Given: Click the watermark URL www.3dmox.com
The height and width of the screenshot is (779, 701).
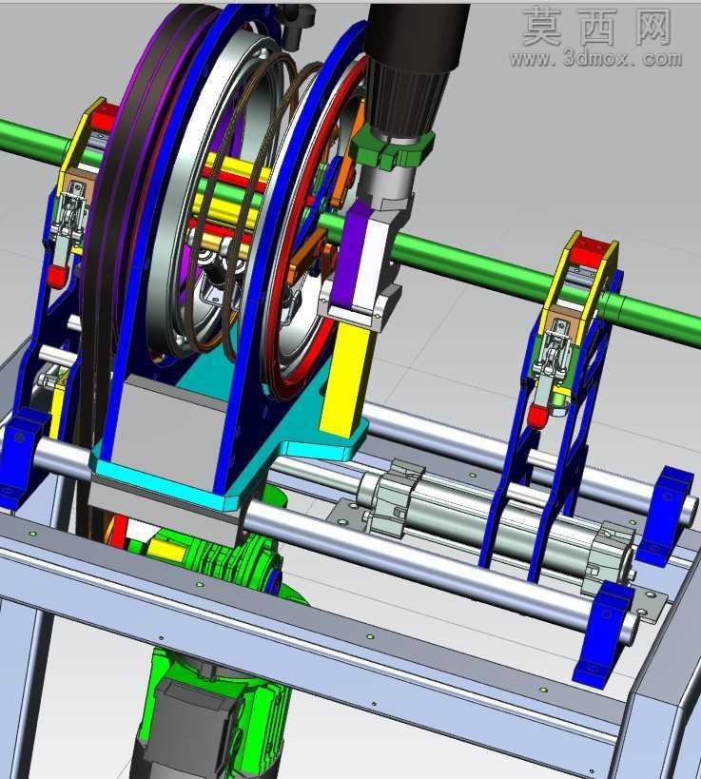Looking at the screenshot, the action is point(595,59).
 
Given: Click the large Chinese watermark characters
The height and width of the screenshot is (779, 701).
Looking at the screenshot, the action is point(597,27).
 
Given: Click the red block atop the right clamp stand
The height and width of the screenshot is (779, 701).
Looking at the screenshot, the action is point(593,252).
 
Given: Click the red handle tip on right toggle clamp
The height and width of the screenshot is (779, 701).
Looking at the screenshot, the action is point(536,415).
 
